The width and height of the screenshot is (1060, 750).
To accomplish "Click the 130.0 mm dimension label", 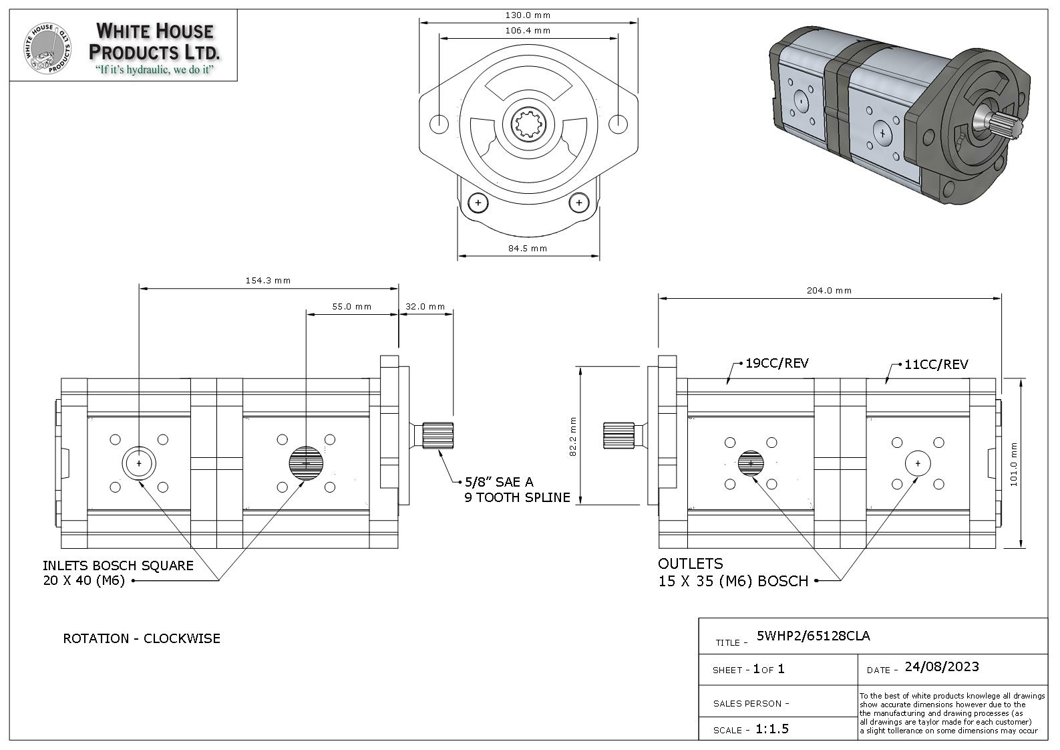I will click(x=528, y=15).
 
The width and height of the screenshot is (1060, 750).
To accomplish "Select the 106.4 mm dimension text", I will click(x=528, y=30).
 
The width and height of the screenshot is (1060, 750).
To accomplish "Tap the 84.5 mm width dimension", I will click(x=528, y=249).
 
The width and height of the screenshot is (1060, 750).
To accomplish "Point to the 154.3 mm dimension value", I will click(x=268, y=281).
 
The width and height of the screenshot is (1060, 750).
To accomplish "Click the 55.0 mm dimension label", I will click(x=351, y=307).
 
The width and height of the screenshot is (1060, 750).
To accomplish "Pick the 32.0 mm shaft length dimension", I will click(x=425, y=307).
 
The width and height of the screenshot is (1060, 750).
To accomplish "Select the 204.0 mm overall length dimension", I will click(x=829, y=291).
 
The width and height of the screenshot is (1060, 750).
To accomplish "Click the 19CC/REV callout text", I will click(x=777, y=364).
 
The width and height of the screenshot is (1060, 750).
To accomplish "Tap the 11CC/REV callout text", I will click(x=936, y=365).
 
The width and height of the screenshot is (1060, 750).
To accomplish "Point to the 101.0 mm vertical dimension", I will click(x=1013, y=464).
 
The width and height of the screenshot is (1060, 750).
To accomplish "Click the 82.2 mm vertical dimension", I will click(x=573, y=437).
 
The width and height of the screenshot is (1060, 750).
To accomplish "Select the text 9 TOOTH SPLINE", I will click(x=518, y=497).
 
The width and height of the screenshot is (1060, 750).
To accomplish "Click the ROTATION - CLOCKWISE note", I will click(x=142, y=638).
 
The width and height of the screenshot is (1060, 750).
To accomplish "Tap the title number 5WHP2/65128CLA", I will click(x=813, y=636).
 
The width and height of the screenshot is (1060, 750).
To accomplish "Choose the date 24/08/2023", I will click(x=941, y=666).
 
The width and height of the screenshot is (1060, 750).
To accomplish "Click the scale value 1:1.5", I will click(x=771, y=729).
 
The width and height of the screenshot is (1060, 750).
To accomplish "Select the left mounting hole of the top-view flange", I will click(x=439, y=124).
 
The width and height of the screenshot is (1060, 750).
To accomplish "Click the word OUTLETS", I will click(x=691, y=564).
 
